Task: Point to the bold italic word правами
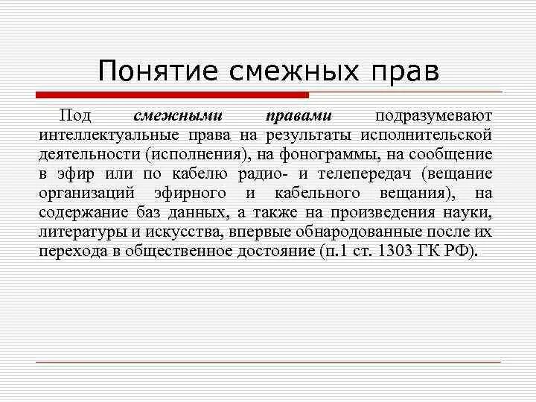[299, 117]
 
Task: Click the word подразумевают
[434, 117]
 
